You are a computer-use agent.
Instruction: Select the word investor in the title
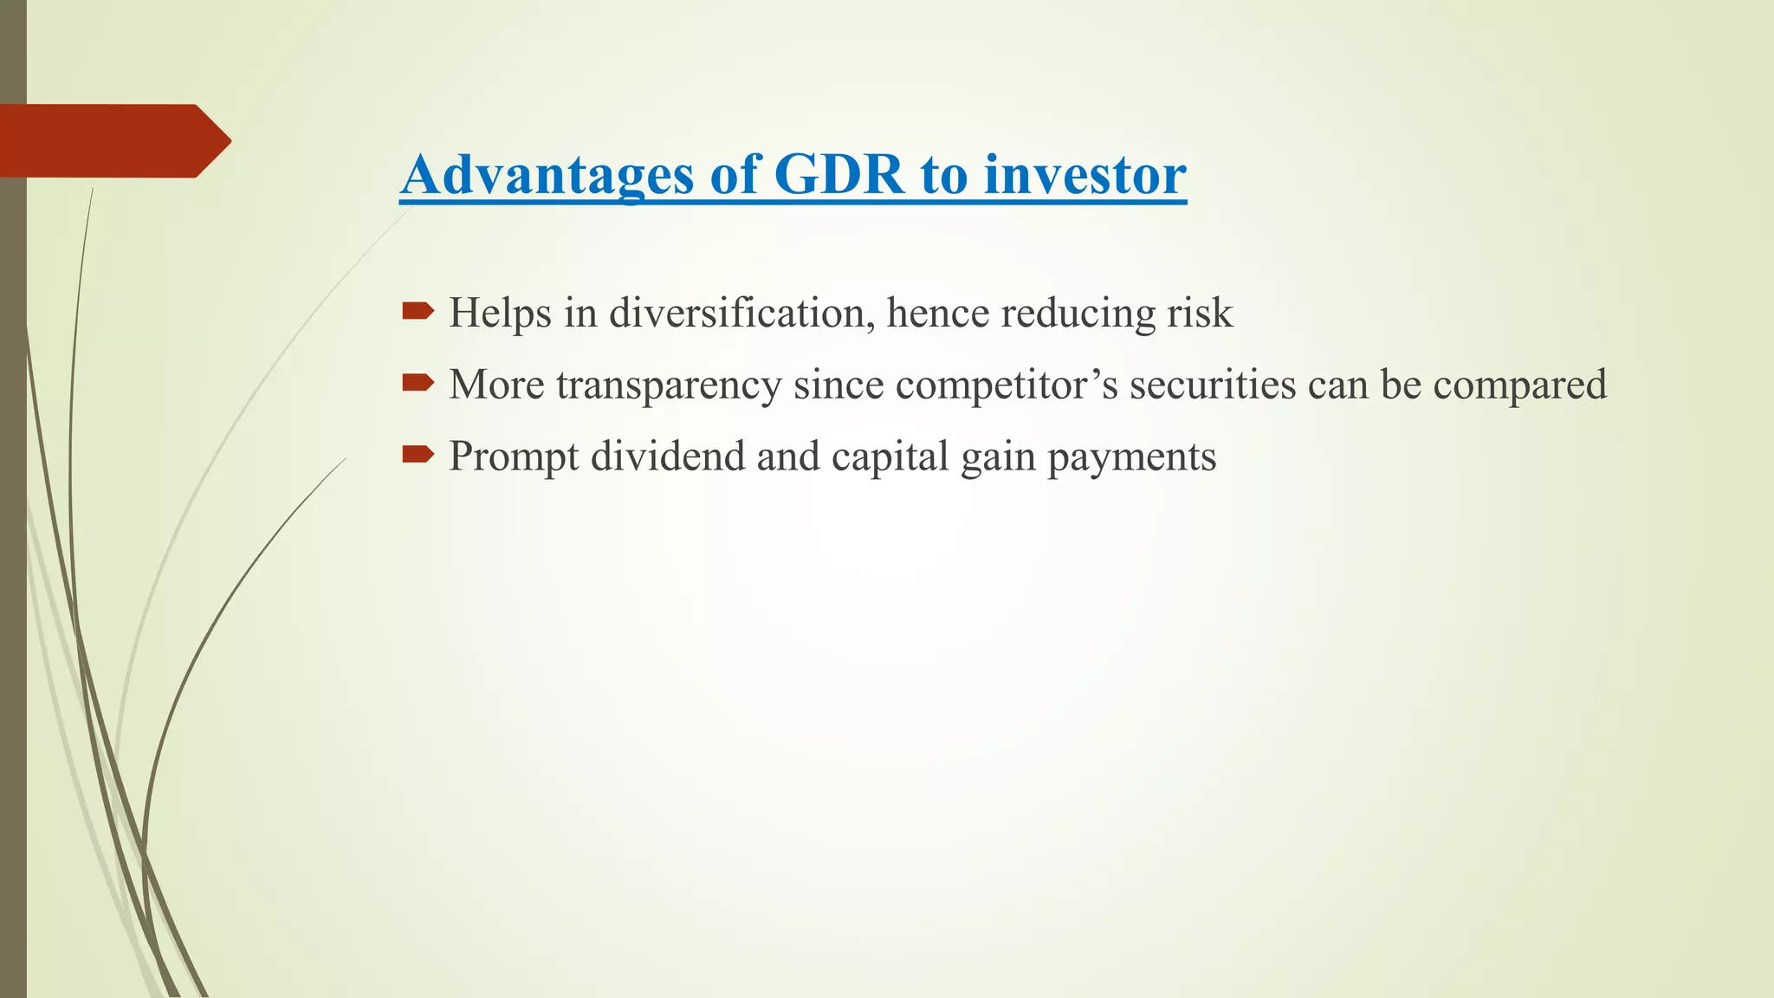pos(1084,175)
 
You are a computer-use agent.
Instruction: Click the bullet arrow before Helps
pos(418,311)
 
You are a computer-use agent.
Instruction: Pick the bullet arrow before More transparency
pos(418,383)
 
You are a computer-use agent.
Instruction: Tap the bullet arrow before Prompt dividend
pos(418,454)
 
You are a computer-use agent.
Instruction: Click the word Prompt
pos(513,457)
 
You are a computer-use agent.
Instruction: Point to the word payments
pos(1131,457)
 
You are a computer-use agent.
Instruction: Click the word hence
pos(937,313)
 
